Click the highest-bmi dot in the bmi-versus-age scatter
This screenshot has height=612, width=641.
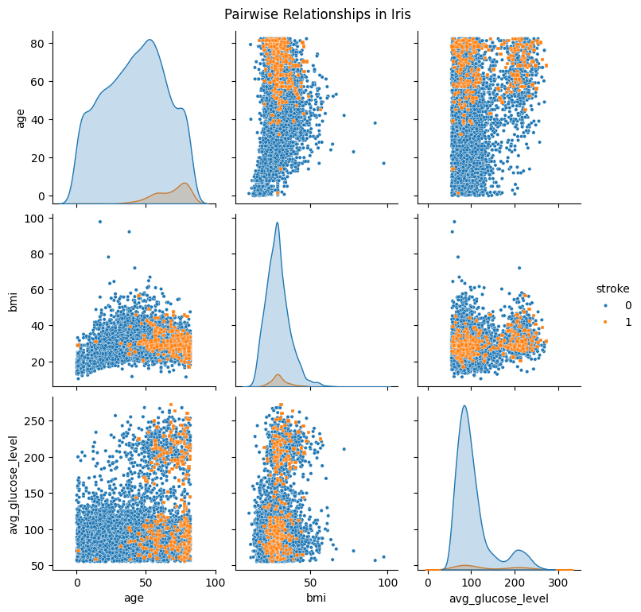99,222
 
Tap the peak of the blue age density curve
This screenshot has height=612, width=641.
149,40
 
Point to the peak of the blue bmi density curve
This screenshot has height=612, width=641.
278,223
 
